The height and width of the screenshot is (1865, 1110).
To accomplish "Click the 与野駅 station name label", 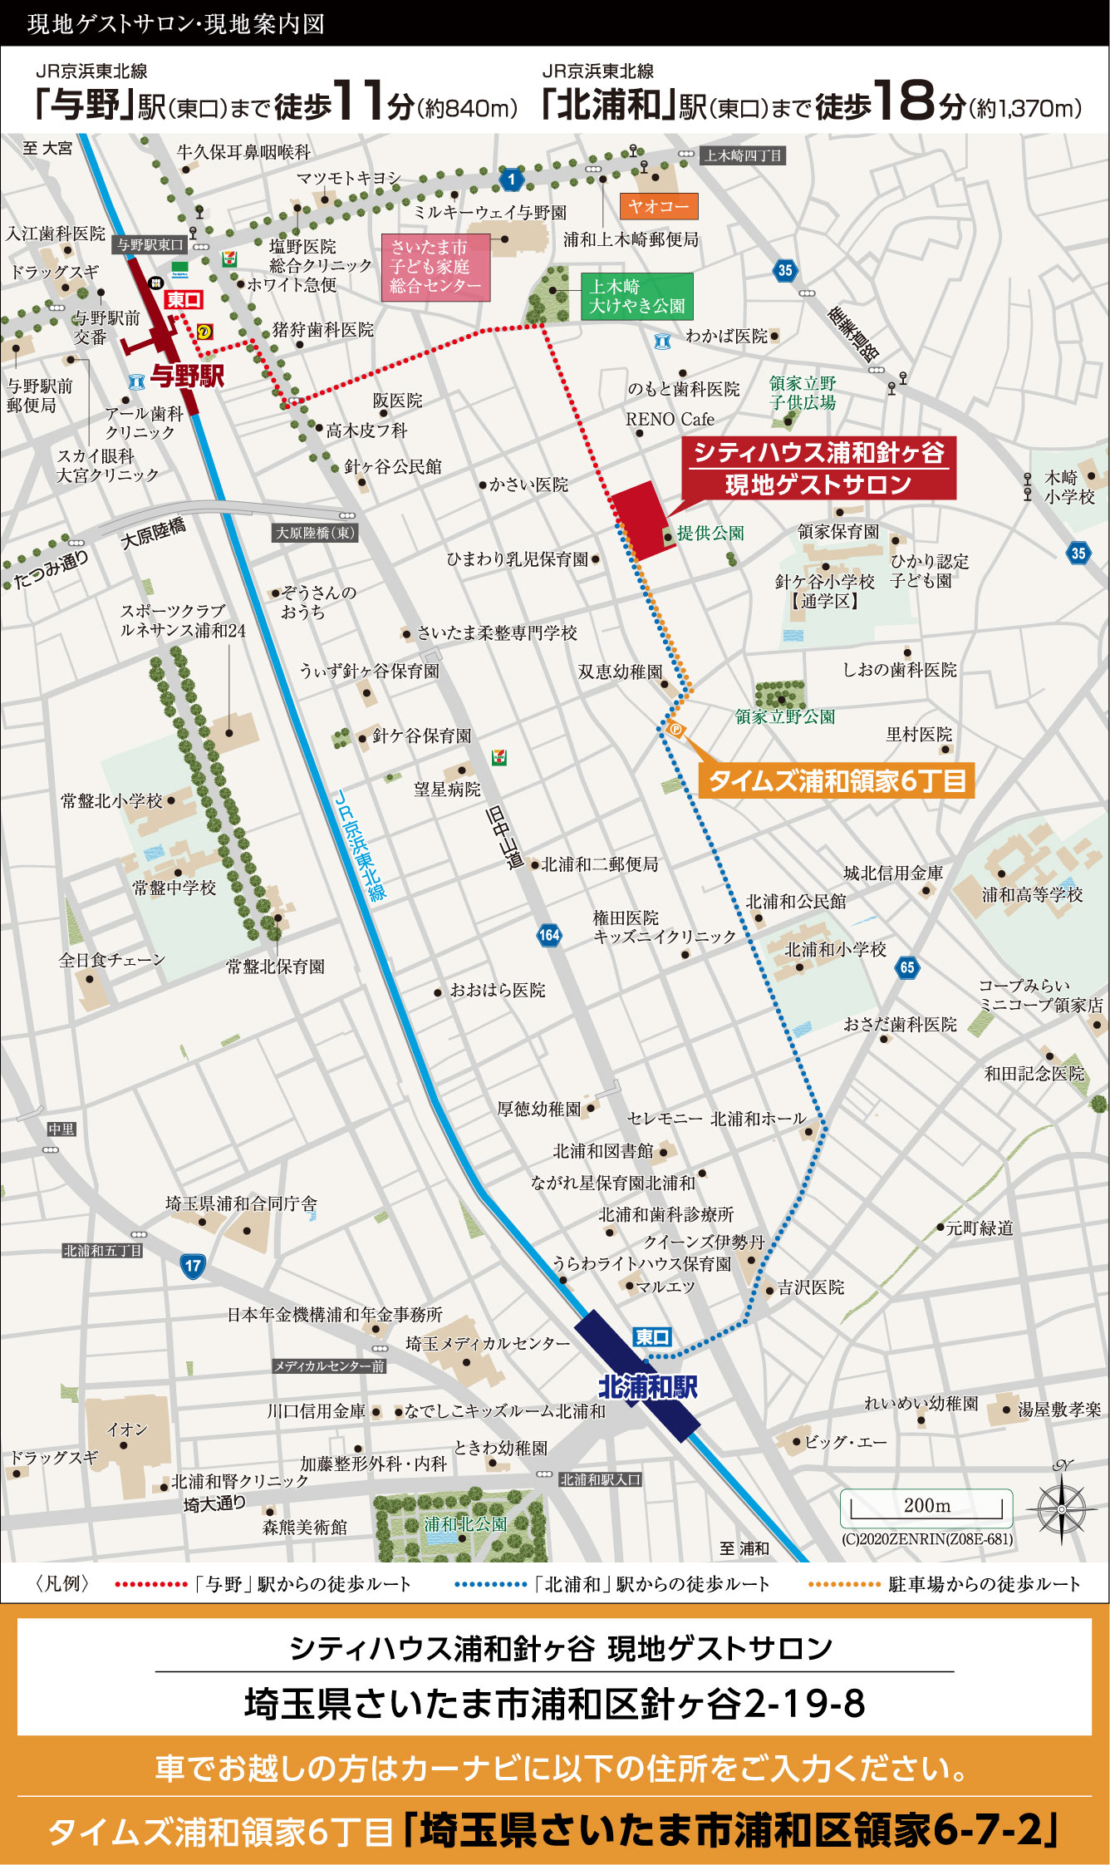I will click(x=188, y=376).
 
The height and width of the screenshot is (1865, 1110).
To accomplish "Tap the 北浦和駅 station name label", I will click(x=648, y=1387).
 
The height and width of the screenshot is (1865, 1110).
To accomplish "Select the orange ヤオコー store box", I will click(x=658, y=205).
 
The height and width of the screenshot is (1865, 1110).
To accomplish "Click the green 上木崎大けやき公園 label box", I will click(x=636, y=296).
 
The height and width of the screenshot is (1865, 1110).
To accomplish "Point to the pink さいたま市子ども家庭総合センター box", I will click(x=435, y=267).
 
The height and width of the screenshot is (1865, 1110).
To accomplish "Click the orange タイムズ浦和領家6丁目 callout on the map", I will click(x=836, y=780).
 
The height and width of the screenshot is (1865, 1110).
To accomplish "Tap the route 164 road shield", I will click(x=549, y=935).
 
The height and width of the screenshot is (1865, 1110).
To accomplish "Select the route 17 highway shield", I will click(x=193, y=1266).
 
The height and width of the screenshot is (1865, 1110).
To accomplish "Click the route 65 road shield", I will click(x=907, y=967).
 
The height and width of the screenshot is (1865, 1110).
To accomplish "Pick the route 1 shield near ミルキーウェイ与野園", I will click(x=512, y=178).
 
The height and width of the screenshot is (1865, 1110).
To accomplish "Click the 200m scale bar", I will click(x=926, y=1507).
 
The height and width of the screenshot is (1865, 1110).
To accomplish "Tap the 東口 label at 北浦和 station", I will click(x=652, y=1336).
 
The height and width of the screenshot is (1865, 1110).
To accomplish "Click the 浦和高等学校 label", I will click(x=1032, y=895).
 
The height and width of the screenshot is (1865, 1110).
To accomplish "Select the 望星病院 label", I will click(x=447, y=789).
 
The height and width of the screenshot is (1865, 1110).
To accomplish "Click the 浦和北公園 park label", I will click(x=465, y=1524).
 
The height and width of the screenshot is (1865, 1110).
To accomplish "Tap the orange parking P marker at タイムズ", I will click(x=675, y=730).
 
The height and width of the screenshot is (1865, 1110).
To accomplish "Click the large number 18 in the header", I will click(x=905, y=101).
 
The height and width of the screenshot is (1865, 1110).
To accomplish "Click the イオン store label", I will click(x=127, y=1430).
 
